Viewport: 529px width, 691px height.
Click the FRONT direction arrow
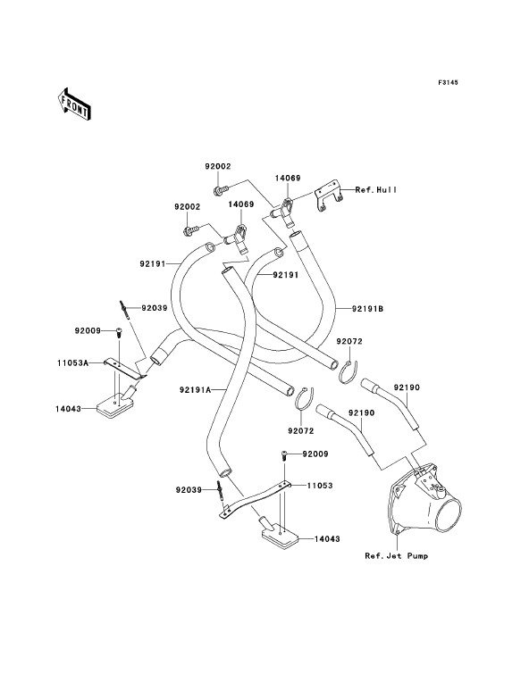[x=74, y=104]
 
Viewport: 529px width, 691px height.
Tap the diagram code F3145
[x=448, y=82]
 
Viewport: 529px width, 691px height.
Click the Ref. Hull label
[x=376, y=190]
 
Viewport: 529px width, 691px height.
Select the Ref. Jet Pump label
[x=396, y=556]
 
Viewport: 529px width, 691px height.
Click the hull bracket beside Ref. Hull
[x=329, y=196]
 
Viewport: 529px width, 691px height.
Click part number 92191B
[x=367, y=309]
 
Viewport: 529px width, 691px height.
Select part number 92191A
[x=195, y=389]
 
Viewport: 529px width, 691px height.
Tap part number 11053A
[x=72, y=363]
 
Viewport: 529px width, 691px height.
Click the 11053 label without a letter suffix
[x=320, y=486]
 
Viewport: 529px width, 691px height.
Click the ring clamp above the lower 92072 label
[x=304, y=399]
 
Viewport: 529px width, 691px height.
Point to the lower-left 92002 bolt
[x=191, y=229]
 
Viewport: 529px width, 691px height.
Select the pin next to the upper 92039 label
[x=124, y=310]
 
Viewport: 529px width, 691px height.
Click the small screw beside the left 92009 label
[x=118, y=333]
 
